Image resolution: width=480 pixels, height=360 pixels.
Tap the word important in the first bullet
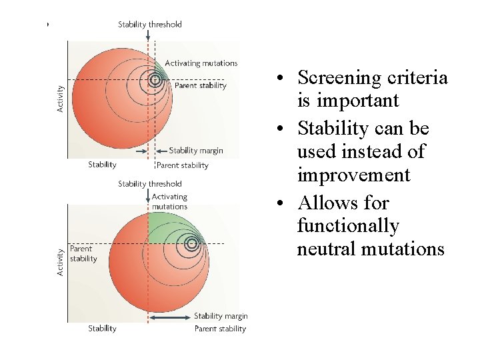point(347,101)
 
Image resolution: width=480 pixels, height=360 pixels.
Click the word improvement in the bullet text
point(353,175)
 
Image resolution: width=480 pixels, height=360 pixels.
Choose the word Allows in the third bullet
point(325,203)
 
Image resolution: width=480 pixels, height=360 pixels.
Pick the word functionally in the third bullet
point(347,226)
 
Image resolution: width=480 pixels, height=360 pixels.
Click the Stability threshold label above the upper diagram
point(150,25)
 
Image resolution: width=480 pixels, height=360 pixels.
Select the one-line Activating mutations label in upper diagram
point(201,63)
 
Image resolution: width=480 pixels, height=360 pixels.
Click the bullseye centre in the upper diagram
point(155,80)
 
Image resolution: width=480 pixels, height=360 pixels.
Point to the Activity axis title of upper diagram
point(60,99)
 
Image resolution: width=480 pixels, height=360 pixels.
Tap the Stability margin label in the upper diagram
point(196,151)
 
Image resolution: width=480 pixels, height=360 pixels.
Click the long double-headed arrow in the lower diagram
point(171,317)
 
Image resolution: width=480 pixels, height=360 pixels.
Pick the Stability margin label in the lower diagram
point(221,316)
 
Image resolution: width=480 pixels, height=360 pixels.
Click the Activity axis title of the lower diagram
point(60,263)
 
